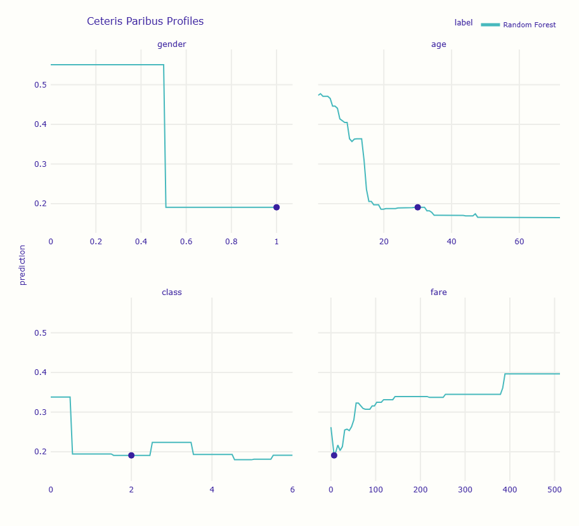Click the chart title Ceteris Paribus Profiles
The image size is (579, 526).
pos(145,22)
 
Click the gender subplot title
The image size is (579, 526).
pos(171,44)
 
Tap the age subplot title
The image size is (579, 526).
pos(438,44)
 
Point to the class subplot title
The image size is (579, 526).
pos(171,292)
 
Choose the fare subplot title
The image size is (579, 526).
pos(438,292)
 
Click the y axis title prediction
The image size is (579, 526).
pos(23,265)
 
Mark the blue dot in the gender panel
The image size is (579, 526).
pos(276,207)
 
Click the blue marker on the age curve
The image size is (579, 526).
pos(417,207)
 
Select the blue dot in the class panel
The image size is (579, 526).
pos(131,456)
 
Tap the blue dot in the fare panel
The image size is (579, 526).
pos(334,456)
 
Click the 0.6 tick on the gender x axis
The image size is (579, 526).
pos(186,241)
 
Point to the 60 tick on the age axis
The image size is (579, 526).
pos(519,241)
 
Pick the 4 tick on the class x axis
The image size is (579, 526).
pos(212,489)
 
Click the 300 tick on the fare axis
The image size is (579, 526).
pos(465,489)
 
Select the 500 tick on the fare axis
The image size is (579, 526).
pos(554,489)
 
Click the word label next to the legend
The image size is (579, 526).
pos(464,23)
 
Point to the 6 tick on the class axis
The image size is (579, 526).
pos(292,489)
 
